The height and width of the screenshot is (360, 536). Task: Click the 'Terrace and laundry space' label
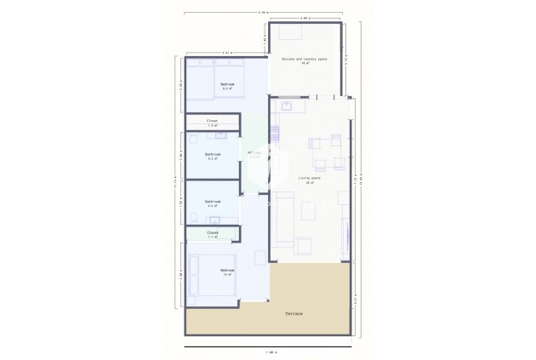[305, 60]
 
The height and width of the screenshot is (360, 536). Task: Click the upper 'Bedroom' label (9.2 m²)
[227, 85]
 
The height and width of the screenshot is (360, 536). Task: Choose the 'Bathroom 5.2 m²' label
[213, 156]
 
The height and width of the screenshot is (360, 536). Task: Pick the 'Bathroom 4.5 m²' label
[213, 203]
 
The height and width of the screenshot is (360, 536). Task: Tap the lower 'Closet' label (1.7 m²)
[213, 233]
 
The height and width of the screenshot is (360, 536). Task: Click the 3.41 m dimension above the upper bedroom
[226, 53]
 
